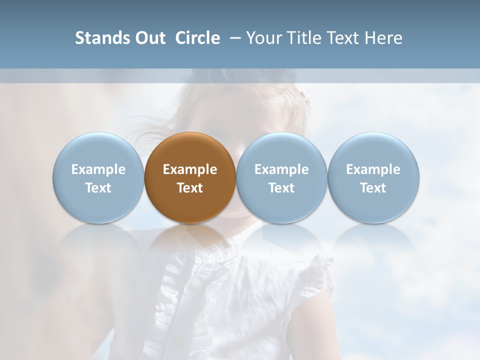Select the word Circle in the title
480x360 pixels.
tap(197, 38)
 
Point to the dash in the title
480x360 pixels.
tap(233, 38)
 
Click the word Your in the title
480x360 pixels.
tap(263, 38)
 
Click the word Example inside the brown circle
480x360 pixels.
tap(190, 169)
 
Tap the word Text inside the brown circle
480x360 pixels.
tap(190, 188)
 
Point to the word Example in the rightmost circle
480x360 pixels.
tap(373, 169)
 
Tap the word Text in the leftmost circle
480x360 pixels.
tap(98, 188)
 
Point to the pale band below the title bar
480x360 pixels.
tap(240, 76)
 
